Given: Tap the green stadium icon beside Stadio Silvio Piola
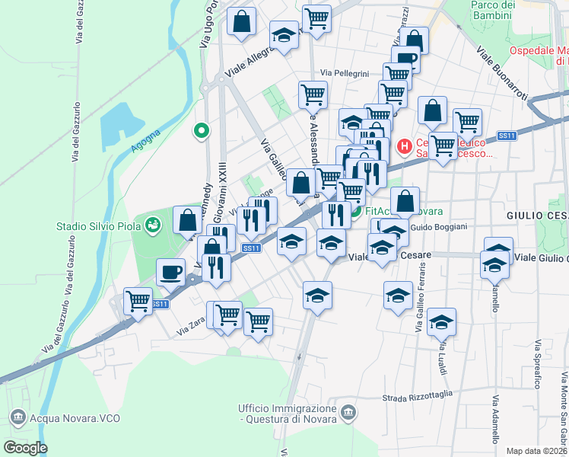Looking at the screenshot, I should tap(154, 225).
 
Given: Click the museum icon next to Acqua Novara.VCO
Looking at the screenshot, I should tap(17, 417).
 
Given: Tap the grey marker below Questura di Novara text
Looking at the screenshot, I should tap(348, 412).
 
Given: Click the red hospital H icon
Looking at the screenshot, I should tap(404, 145).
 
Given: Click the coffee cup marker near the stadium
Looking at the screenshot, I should tap(171, 271).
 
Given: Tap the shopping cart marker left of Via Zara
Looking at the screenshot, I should tap(138, 301).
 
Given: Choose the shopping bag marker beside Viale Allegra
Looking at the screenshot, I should tap(241, 23).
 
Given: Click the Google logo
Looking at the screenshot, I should tap(24, 448).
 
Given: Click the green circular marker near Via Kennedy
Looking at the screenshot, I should tap(202, 131).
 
